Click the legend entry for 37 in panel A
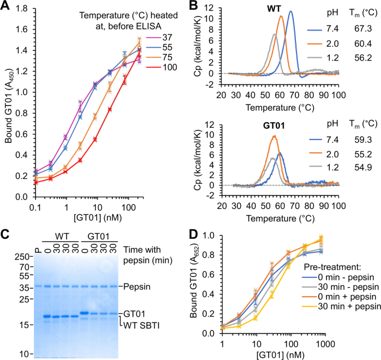coord(168,38)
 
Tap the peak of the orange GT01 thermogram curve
coord(274,136)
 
